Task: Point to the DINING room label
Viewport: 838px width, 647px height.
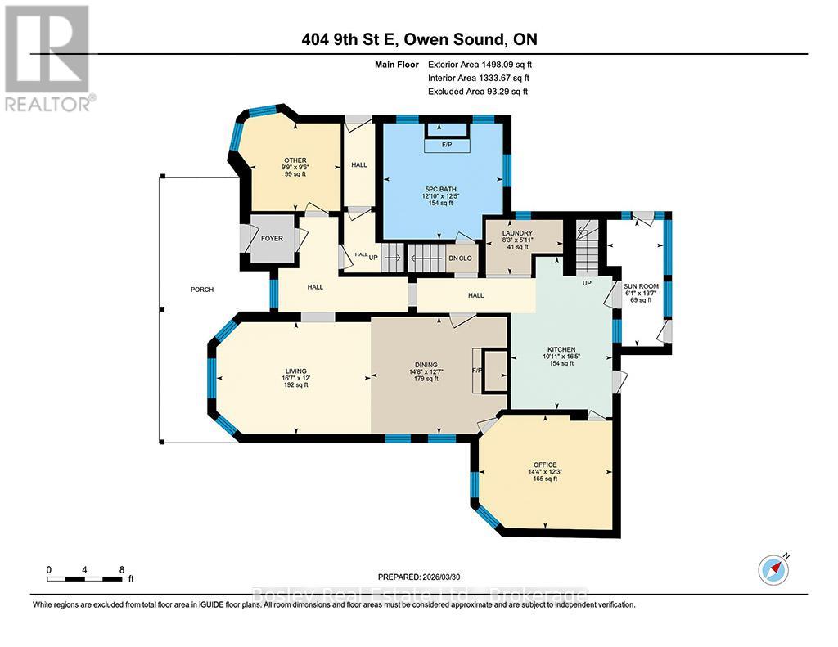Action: point(426,365)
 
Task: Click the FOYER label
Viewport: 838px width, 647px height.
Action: point(272,240)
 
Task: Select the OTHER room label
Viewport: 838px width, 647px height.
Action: point(295,160)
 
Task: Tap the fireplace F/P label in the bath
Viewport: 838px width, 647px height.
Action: point(446,145)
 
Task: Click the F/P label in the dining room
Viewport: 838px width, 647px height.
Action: point(476,369)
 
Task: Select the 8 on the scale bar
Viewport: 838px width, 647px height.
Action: point(121,569)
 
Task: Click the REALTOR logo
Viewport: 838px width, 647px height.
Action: point(49,57)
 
